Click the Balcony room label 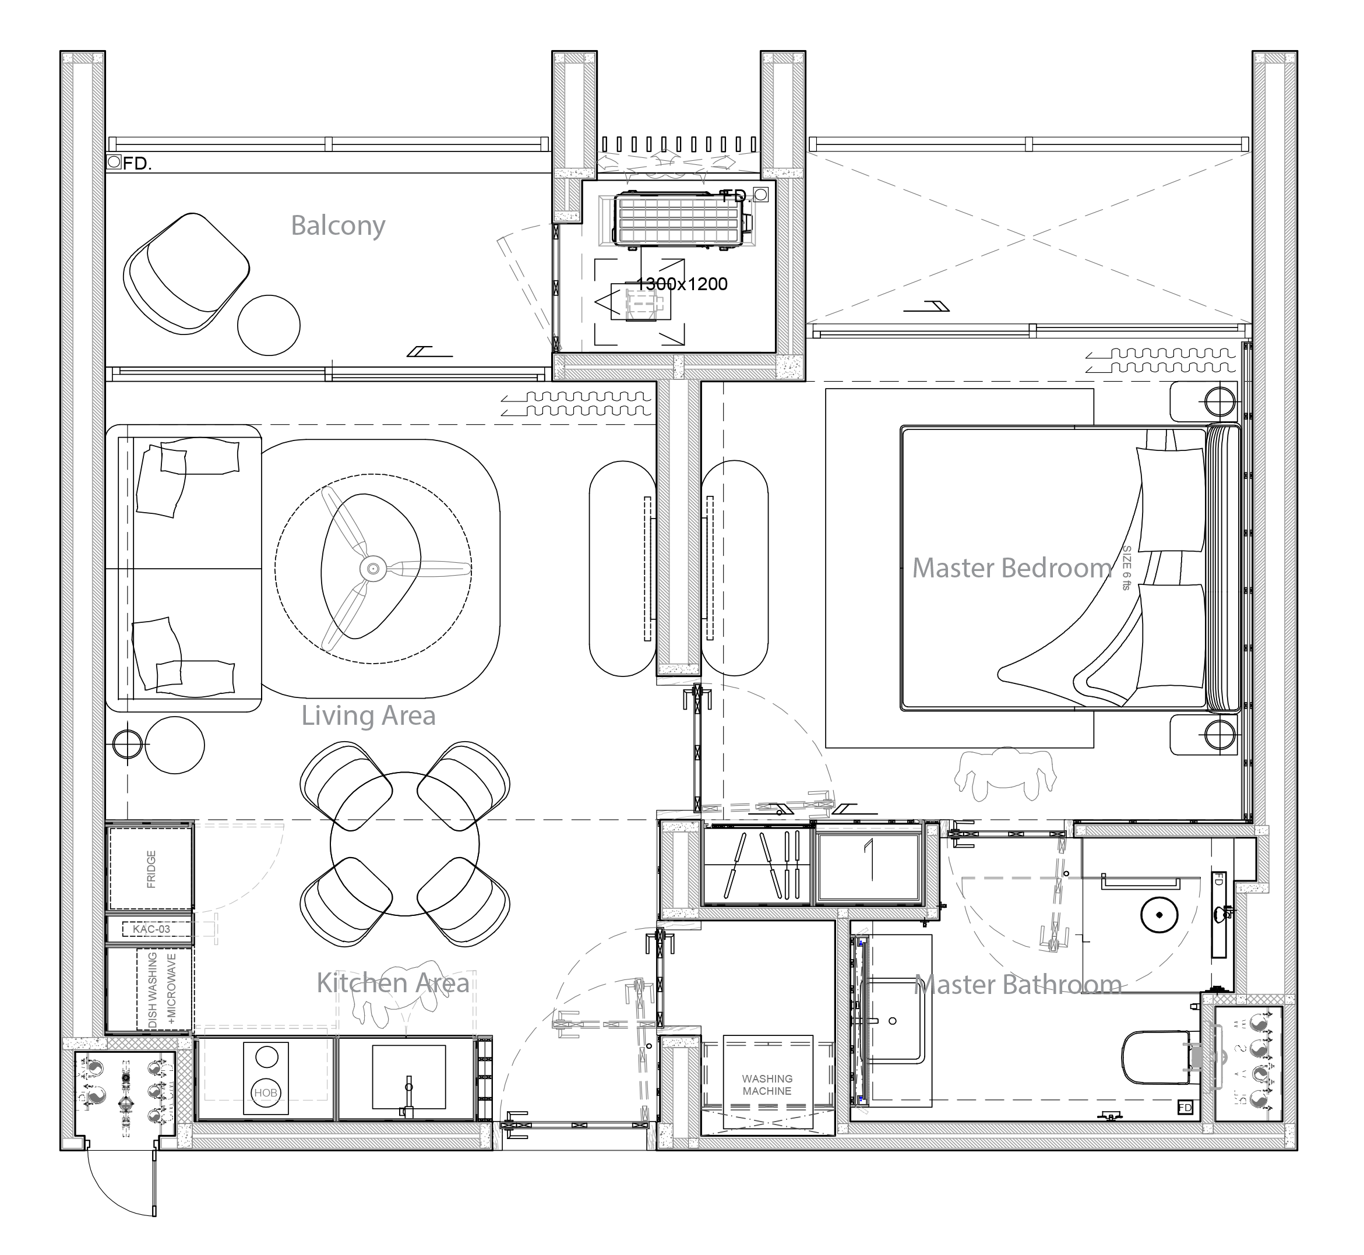(x=337, y=225)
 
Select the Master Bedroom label (x=1011, y=569)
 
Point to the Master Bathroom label (x=1017, y=985)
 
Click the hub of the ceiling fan (x=373, y=569)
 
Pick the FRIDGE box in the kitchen (x=150, y=869)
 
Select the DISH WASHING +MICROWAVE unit (x=160, y=989)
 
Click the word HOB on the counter (x=266, y=1092)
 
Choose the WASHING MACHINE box (x=767, y=1084)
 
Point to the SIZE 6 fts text (x=1126, y=567)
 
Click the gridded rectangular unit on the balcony (x=677, y=221)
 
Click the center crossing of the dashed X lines (x=1028, y=237)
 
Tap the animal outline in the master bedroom (x=1005, y=774)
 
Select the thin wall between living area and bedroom (x=679, y=523)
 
